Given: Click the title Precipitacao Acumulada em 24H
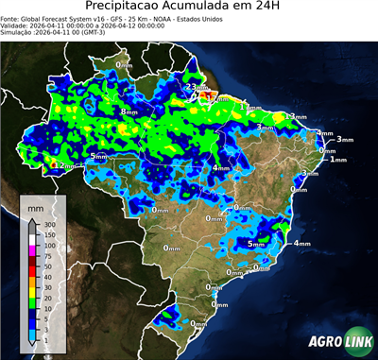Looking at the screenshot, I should pyautogui.click(x=189, y=8).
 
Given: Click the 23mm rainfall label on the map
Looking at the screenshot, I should pyautogui.click(x=192, y=87).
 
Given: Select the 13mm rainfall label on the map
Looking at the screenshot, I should pyautogui.click(x=298, y=116).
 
